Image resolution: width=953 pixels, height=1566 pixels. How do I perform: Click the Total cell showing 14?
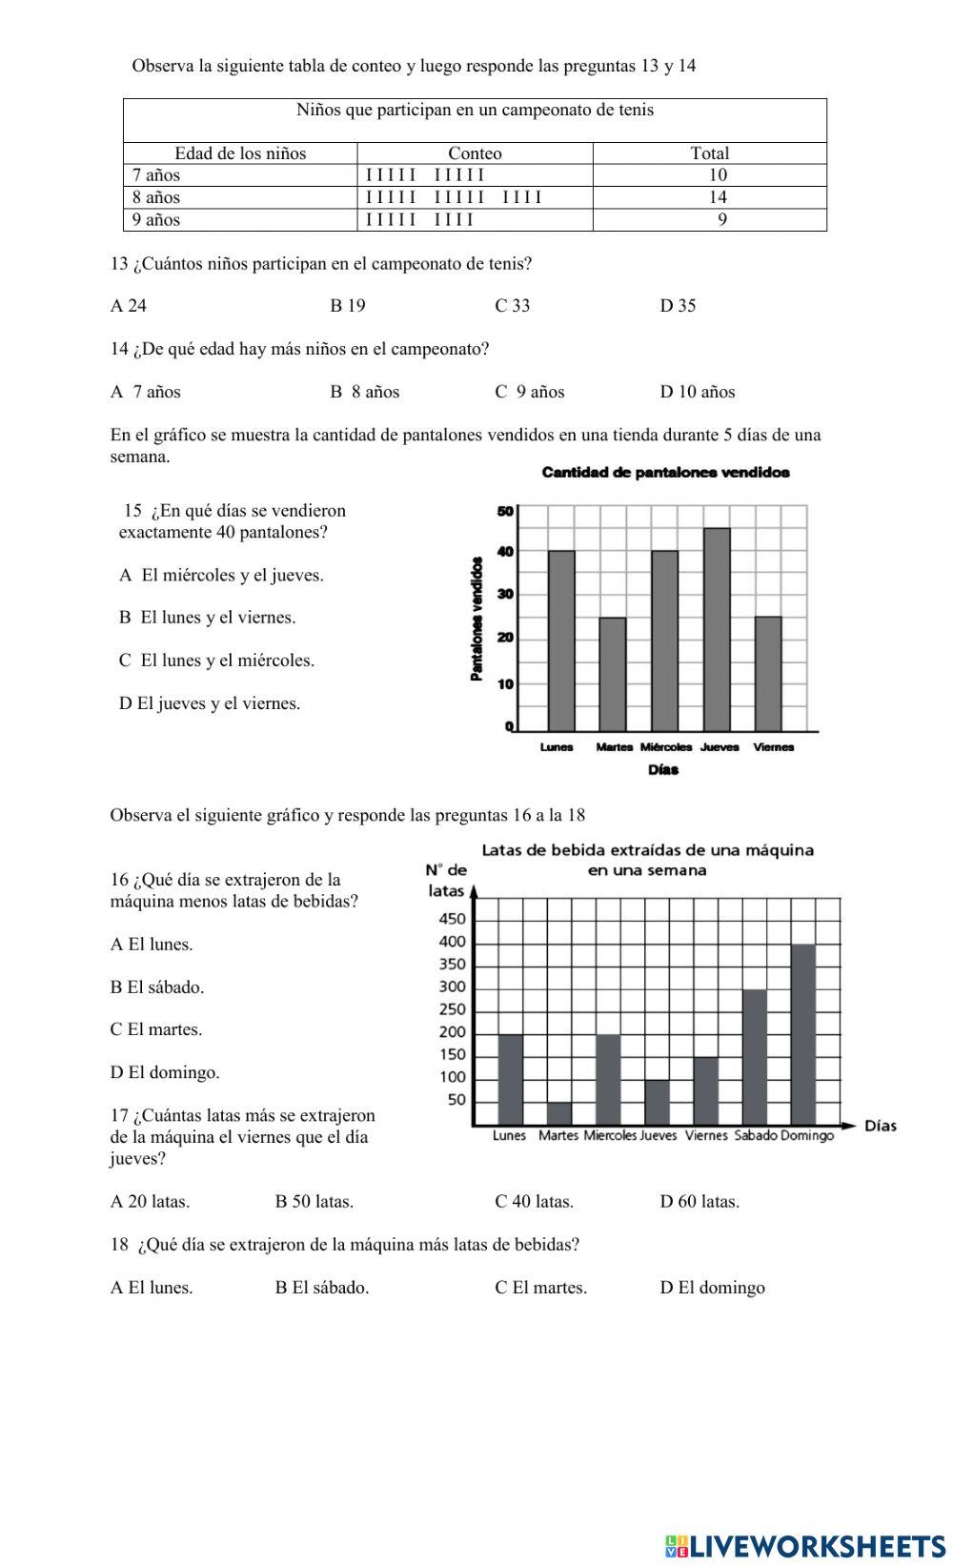coord(717,197)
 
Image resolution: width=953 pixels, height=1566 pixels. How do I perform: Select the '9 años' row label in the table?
coord(156,219)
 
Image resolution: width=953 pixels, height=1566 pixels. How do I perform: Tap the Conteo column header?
coord(475,153)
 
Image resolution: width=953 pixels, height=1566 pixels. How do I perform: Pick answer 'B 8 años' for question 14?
coord(364,392)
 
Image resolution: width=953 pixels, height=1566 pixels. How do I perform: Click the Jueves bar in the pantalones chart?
coord(717,629)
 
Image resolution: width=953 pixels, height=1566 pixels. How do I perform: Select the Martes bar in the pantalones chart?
coord(612,674)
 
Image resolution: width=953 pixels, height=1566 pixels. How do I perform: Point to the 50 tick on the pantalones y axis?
coord(505,511)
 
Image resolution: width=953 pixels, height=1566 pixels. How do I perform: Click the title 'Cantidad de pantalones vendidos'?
coord(665,472)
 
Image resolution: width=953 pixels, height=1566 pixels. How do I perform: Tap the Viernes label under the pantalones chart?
coord(773,747)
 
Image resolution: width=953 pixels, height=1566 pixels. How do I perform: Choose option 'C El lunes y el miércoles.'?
coord(216,661)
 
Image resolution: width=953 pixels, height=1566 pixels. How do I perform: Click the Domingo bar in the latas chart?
coord(803,1034)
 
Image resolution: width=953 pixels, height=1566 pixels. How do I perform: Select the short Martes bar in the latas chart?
coord(558,1113)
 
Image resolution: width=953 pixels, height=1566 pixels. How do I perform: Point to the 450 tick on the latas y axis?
coord(453,919)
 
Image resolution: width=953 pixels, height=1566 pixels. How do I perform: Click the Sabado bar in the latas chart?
coord(754,1057)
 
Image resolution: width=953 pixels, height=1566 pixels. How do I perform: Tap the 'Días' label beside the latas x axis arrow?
coord(880,1126)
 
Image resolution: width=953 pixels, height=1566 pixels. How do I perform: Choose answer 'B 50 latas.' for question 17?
coord(314,1202)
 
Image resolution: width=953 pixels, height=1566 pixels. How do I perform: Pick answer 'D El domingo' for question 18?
coord(712,1288)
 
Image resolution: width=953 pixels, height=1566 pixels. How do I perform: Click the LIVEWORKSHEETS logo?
coord(804,1545)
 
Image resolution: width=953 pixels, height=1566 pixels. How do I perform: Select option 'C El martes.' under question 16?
coord(155,1029)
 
